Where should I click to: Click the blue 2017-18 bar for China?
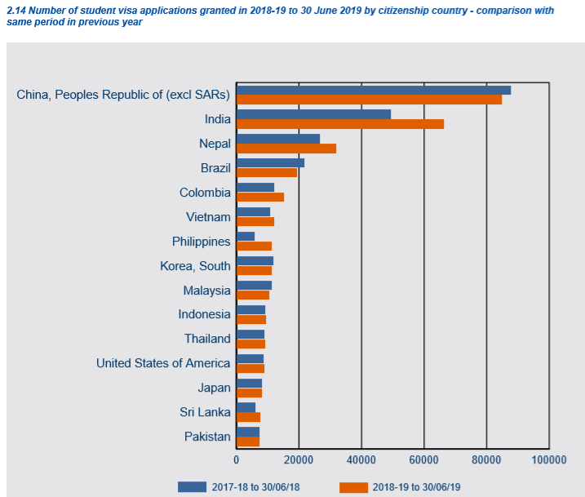point(373,90)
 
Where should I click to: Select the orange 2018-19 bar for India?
point(339,124)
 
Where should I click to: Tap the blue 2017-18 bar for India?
point(313,114)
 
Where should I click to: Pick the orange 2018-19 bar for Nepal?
point(286,149)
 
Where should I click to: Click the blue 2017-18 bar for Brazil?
point(270,163)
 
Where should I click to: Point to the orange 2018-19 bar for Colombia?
point(259,197)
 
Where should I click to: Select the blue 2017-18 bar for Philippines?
point(245,236)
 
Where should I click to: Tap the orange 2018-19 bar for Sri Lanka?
point(248,417)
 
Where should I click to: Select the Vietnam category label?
point(208,217)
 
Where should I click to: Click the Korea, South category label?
point(195,266)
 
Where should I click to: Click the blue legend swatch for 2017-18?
point(192,487)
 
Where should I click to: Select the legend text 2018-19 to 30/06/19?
point(417,487)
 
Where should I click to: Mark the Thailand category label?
point(207,339)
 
